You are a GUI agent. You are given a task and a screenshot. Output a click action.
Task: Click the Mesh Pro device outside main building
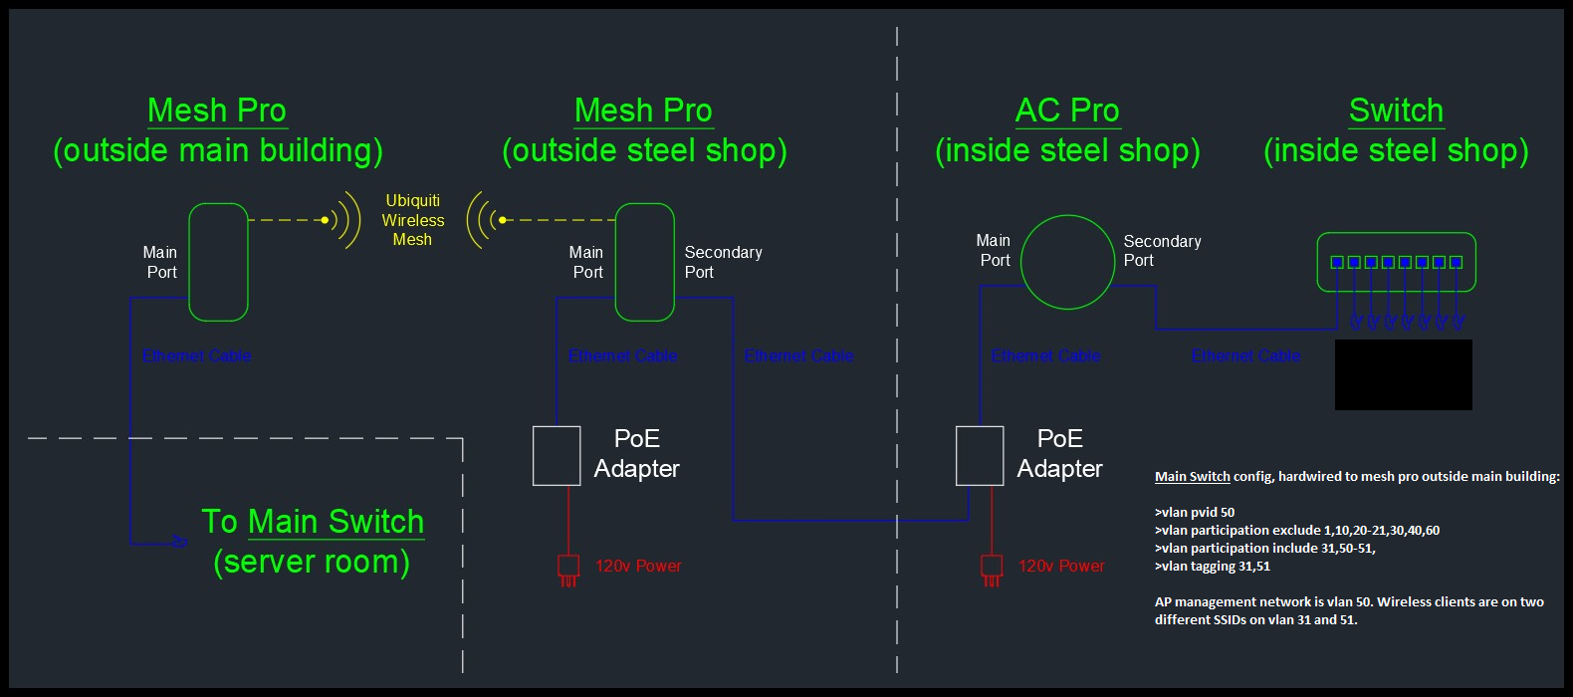tap(218, 262)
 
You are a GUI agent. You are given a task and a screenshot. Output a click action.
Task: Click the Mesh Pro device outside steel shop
tap(644, 262)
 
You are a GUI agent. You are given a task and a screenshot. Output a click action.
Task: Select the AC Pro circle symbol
tap(1067, 262)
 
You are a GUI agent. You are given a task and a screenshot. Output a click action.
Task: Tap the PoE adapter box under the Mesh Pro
tap(557, 456)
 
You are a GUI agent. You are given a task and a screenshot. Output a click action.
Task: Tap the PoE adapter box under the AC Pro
tap(980, 456)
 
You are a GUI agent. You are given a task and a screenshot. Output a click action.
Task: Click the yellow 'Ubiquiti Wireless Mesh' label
tap(412, 220)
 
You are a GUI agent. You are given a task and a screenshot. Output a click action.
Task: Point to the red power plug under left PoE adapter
tap(568, 569)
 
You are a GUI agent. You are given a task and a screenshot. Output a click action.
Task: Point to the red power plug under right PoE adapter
tap(992, 569)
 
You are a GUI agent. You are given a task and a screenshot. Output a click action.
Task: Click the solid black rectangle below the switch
tap(1403, 374)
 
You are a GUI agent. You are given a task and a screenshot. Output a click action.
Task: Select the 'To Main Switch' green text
tap(313, 522)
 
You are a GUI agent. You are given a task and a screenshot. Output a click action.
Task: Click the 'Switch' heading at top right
tap(1396, 111)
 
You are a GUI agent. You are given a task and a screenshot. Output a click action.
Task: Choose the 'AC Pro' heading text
tap(1067, 111)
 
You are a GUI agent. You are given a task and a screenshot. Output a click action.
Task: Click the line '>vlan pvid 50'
tap(1195, 513)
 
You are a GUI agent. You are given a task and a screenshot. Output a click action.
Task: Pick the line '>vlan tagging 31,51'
tap(1213, 567)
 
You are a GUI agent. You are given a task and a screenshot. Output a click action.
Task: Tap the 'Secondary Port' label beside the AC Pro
tap(1162, 251)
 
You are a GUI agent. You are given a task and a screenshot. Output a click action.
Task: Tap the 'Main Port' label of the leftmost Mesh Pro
tap(160, 262)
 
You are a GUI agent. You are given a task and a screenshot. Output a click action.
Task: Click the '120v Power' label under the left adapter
tap(638, 567)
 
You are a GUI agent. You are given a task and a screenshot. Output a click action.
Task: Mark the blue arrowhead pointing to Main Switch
tap(180, 542)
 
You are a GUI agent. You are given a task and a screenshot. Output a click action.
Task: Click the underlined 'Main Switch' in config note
tap(1193, 477)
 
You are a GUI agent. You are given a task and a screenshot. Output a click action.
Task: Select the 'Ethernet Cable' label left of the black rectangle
tap(1245, 355)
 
